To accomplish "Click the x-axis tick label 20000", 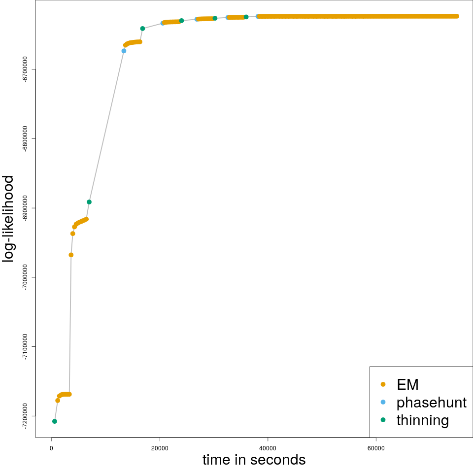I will click(x=160, y=448).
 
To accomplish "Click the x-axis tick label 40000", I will click(x=268, y=448).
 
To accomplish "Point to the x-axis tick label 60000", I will click(x=376, y=448).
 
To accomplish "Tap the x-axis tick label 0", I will click(x=52, y=448).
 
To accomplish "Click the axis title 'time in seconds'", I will click(x=254, y=460).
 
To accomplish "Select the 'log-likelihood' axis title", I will click(x=9, y=218).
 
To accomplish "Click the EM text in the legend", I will click(x=407, y=384).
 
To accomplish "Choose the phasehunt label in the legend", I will click(x=431, y=403).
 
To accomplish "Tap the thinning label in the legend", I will click(x=422, y=420).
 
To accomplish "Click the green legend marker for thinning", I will click(x=383, y=420).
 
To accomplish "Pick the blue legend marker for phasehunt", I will click(x=383, y=402).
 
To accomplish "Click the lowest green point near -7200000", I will click(x=55, y=421).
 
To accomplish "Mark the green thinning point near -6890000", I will click(x=89, y=202).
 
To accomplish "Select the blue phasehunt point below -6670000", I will click(x=124, y=51).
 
